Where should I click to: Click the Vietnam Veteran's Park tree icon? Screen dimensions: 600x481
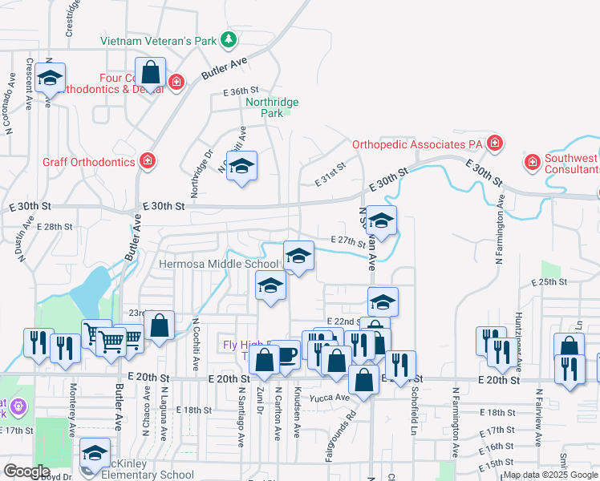[229, 39]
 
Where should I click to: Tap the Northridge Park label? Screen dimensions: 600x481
[272, 107]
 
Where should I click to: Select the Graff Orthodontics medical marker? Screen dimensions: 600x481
[148, 161]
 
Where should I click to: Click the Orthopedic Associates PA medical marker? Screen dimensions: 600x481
[496, 144]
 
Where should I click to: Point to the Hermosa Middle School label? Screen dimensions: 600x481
[218, 264]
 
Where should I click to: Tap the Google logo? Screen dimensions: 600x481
[26, 471]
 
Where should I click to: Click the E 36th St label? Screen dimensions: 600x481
[241, 91]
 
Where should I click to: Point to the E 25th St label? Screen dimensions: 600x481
[549, 282]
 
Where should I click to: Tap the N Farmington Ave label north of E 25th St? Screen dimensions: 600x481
[499, 236]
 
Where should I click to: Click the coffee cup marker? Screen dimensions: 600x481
[286, 353]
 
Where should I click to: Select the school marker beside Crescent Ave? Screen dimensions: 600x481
[51, 79]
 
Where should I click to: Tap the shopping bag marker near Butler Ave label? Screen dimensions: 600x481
[150, 72]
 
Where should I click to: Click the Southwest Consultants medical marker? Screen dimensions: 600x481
[532, 163]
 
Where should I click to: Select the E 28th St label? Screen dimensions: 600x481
[55, 227]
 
